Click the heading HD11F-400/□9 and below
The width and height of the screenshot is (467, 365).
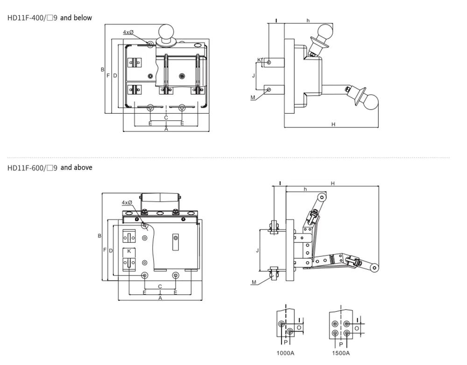50,18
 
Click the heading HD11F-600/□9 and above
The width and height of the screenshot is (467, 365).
50,167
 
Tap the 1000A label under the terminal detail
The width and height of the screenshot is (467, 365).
286,353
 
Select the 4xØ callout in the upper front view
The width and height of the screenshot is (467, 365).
128,32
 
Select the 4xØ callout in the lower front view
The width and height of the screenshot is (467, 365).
127,203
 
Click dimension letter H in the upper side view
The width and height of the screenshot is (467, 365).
333,124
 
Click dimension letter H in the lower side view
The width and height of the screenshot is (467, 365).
333,184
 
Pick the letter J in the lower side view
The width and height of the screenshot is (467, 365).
257,250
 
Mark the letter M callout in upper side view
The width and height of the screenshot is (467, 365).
253,97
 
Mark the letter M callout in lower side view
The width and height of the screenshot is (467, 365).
254,282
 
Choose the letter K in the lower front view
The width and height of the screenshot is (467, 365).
129,251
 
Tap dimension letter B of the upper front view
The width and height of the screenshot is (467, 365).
102,70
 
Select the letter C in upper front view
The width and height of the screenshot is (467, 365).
166,118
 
